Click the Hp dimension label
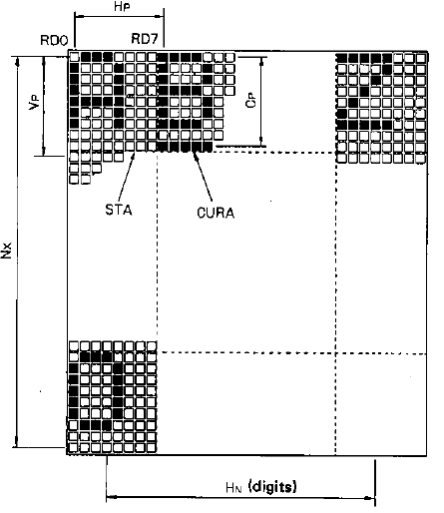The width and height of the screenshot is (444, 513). (121, 7)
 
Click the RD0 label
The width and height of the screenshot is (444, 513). (54, 40)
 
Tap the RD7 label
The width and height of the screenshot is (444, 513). (144, 39)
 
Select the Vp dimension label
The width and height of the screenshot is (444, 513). (35, 102)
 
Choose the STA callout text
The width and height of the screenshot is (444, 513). (119, 210)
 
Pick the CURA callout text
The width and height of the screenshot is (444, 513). (216, 213)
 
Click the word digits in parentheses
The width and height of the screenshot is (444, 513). (272, 487)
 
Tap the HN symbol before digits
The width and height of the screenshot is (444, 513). (233, 488)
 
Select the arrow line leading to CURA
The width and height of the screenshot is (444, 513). (203, 176)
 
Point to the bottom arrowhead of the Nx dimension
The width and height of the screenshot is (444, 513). (15, 442)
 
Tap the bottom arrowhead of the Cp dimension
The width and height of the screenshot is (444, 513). (262, 141)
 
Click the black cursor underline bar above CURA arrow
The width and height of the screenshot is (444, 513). (185, 147)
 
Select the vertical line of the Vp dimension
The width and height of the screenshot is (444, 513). (44, 106)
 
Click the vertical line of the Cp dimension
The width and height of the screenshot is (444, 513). (262, 102)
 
